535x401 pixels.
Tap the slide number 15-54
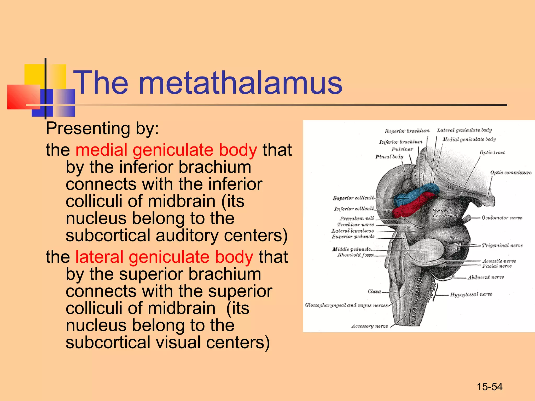(490, 387)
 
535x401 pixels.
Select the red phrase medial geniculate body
(166, 150)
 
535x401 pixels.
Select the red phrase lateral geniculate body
(164, 257)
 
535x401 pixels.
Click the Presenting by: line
(102, 128)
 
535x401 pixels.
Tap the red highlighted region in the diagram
(410, 208)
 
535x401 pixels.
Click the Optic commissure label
(511, 173)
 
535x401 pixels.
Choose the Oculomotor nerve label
(502, 218)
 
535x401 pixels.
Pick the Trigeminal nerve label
(502, 245)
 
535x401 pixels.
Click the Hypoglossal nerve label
(471, 294)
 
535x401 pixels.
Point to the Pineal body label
(389, 157)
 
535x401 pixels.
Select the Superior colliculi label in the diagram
(353, 198)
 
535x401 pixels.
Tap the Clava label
(374, 292)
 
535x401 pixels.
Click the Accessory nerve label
(369, 326)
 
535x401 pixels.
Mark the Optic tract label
(492, 152)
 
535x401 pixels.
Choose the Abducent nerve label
(486, 277)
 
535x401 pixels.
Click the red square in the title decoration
(24, 97)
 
